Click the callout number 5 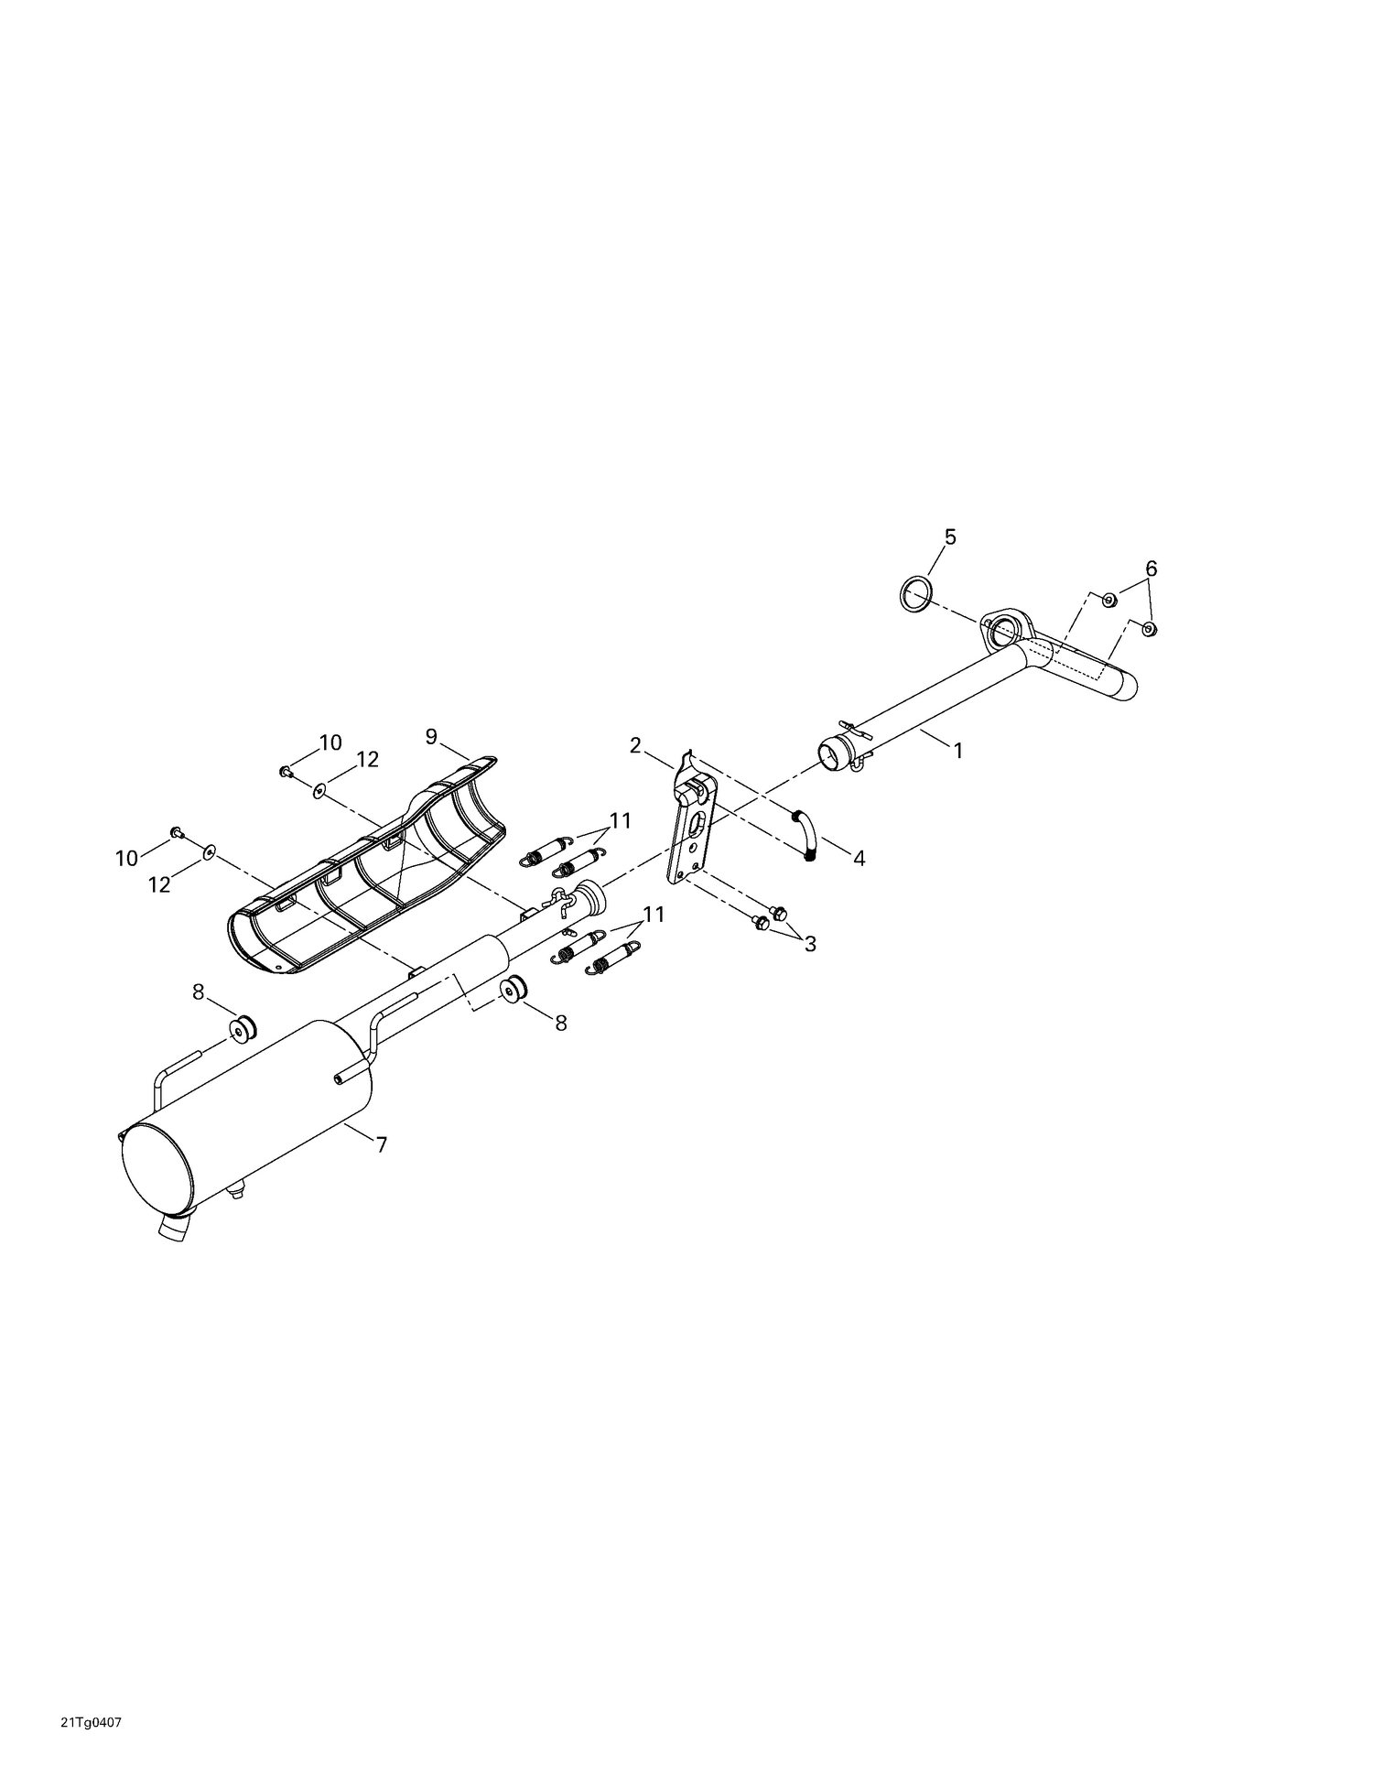(x=949, y=537)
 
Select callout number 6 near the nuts (x=1151, y=569)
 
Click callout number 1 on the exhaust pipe (x=957, y=750)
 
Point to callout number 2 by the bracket (x=635, y=745)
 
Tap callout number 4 (x=859, y=858)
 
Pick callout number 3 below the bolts (x=809, y=944)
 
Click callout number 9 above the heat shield (x=432, y=735)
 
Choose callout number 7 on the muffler (x=381, y=1144)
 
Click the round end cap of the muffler (x=157, y=1163)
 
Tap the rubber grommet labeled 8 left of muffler (x=243, y=1028)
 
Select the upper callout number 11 (x=621, y=821)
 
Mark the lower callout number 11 (x=654, y=915)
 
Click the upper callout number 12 (x=367, y=759)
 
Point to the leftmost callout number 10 (x=126, y=858)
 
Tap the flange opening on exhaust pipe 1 (x=1004, y=630)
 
